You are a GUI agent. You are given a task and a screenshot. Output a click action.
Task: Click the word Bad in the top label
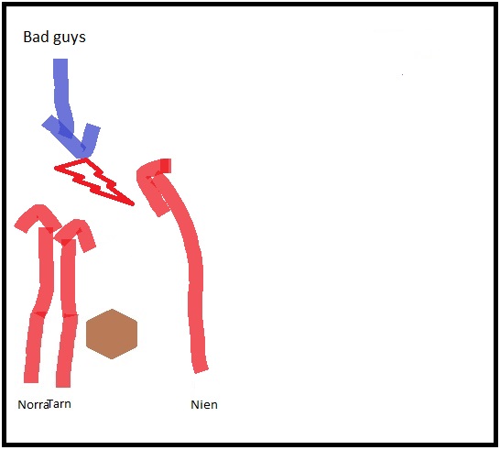point(36,37)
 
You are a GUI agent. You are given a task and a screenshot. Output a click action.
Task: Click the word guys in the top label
point(70,38)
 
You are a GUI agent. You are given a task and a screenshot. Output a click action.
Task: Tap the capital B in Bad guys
point(27,37)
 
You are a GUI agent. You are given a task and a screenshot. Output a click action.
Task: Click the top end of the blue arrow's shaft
point(60,60)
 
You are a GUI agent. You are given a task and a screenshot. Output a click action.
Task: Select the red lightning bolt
point(94,181)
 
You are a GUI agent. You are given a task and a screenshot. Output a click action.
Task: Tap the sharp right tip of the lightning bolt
point(134,204)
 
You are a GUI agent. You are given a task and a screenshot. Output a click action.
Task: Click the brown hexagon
point(112,334)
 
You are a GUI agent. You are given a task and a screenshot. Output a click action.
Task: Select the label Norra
point(33,405)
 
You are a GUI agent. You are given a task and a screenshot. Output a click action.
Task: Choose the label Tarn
point(60,404)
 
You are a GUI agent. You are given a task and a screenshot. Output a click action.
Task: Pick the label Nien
point(204,405)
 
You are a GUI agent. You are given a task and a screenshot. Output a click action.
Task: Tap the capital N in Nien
point(194,405)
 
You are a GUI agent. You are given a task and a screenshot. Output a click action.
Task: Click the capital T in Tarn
point(51,404)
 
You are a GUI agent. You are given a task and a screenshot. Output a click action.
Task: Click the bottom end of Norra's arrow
point(31,381)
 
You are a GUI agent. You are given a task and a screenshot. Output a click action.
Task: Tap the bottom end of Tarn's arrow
point(63,386)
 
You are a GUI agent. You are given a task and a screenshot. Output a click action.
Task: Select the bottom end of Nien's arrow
point(201,370)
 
